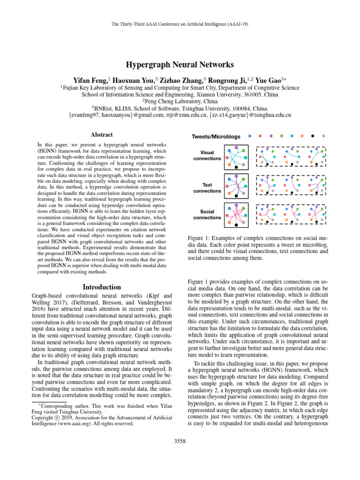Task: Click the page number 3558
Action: [180, 454]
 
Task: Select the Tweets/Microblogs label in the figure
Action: [216, 136]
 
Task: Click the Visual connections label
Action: [207, 156]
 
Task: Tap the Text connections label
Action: [207, 188]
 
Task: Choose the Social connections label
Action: [207, 215]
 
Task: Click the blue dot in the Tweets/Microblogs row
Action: [250, 136]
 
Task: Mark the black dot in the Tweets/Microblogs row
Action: [313, 136]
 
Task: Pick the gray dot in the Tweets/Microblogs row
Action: [324, 136]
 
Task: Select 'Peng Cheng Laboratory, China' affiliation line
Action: [180, 100]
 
